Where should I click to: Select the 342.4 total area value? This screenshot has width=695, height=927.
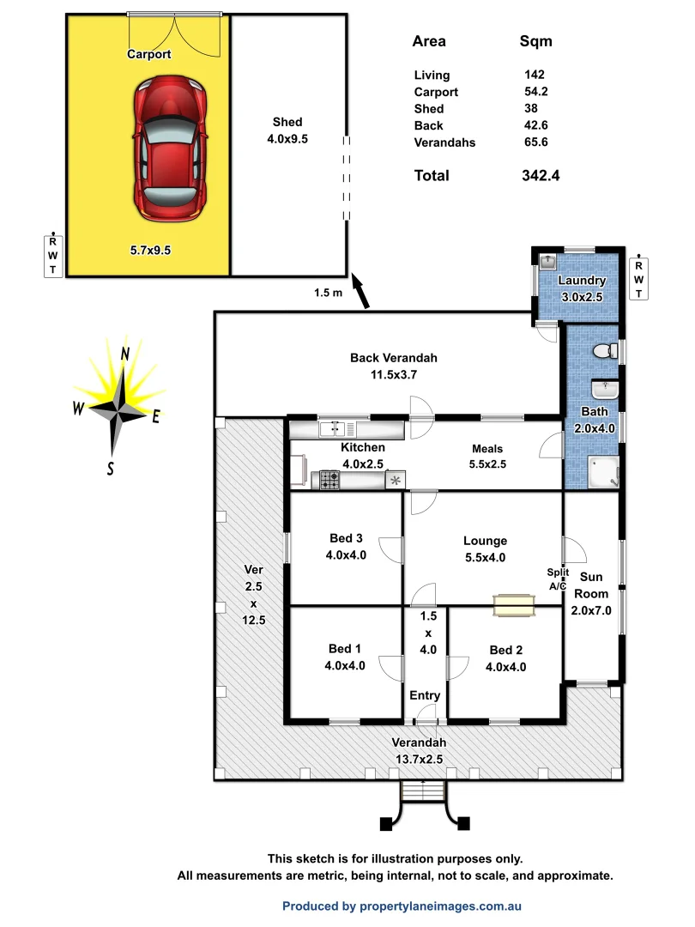(x=541, y=175)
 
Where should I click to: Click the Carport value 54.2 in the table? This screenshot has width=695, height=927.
(x=539, y=92)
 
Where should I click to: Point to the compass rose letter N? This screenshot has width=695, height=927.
(x=125, y=354)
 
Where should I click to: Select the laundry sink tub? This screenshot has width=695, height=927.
(x=549, y=259)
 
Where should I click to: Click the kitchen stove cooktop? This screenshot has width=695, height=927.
(x=330, y=480)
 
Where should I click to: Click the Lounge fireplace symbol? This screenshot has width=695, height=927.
(x=514, y=605)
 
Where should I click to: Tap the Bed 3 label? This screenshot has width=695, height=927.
(x=347, y=538)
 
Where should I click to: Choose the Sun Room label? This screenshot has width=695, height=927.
(x=591, y=585)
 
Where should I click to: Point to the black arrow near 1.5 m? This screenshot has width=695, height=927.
(x=362, y=292)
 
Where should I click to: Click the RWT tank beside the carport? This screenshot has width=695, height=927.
(x=53, y=255)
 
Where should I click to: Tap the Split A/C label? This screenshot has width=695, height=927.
(x=558, y=579)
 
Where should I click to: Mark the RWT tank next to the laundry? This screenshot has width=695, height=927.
(x=639, y=278)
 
